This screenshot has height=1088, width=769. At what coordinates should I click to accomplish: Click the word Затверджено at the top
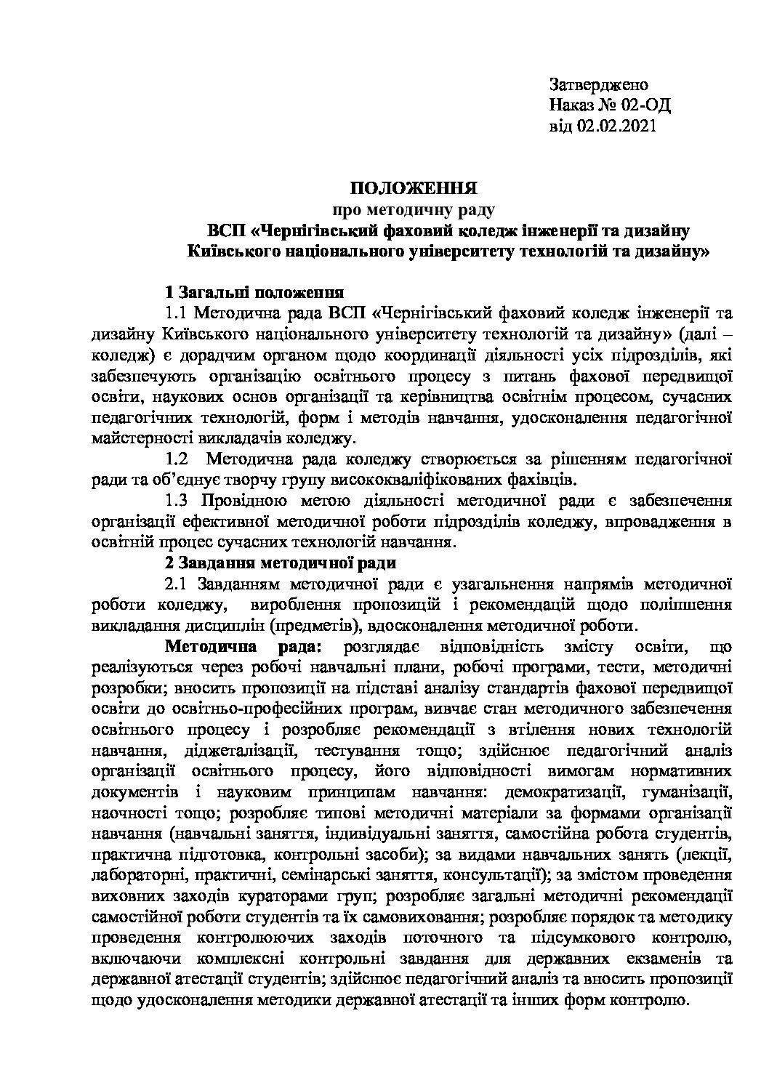598,84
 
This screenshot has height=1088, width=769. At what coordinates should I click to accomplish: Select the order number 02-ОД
647,105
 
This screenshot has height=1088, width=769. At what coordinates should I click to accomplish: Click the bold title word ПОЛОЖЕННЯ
414,190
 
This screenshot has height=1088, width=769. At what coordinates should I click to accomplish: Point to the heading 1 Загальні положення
254,293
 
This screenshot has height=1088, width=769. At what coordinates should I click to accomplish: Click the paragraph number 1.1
178,314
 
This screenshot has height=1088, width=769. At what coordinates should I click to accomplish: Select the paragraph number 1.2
178,459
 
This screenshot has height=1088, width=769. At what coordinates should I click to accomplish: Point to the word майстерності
135,439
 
